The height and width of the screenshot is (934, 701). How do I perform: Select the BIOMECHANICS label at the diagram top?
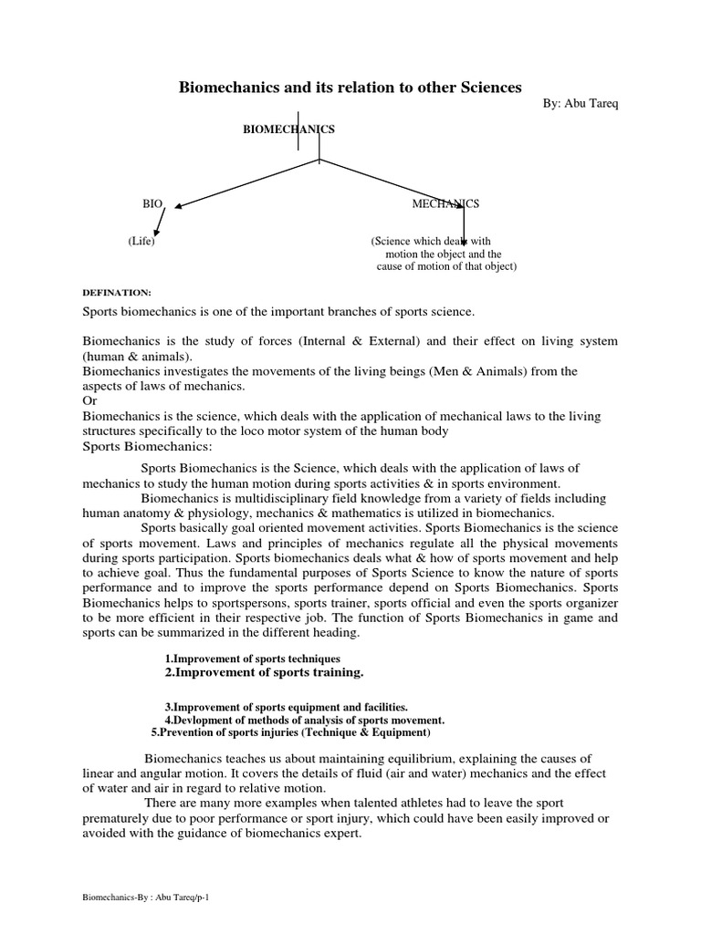(x=288, y=130)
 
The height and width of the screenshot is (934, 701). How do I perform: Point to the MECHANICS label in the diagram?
(x=445, y=204)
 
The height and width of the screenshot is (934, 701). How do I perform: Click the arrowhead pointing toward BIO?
(x=180, y=207)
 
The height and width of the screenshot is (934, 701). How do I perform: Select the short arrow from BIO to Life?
(x=161, y=222)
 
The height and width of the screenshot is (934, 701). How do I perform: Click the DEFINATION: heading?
(x=116, y=292)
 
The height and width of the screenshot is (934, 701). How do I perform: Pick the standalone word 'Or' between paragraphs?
(x=89, y=401)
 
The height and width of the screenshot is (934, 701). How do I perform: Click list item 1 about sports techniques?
(x=252, y=659)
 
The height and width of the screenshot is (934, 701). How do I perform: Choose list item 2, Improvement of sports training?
(x=264, y=672)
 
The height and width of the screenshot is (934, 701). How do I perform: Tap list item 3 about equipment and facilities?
(x=286, y=707)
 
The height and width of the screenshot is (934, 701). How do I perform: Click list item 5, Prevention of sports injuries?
(x=289, y=732)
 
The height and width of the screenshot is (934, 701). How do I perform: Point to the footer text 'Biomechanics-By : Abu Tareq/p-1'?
(x=147, y=898)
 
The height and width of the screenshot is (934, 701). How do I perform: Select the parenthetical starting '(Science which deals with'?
(x=444, y=254)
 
